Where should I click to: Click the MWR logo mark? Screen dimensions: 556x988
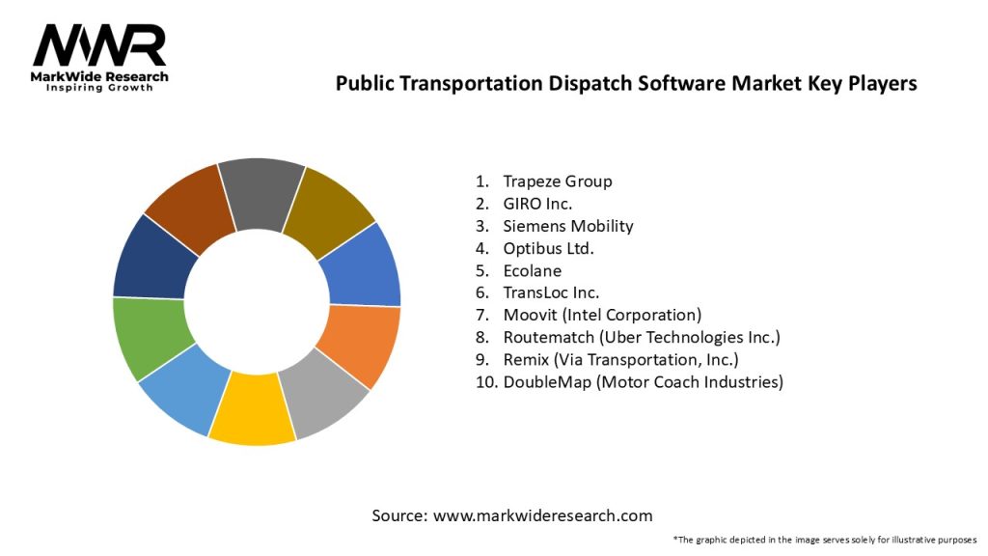99,45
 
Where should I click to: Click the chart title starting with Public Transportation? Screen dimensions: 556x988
625,84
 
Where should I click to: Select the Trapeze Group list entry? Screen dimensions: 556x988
557,181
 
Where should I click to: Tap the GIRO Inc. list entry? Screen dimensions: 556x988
537,204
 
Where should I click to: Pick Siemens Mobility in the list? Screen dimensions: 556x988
567,226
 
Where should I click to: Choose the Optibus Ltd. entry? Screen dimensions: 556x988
548,248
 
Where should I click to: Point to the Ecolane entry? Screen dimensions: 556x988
532,270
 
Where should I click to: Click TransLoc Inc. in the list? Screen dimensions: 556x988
551,292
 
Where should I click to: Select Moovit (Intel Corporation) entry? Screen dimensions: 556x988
602,315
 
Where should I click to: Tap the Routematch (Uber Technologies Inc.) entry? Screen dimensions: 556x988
641,337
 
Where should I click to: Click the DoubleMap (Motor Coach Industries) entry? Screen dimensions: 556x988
643,381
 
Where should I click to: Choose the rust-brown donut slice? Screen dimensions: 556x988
191,205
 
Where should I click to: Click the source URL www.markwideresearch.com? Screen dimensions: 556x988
543,515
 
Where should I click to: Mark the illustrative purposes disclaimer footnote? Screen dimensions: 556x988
825,539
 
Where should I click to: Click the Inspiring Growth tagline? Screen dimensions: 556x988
99,89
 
